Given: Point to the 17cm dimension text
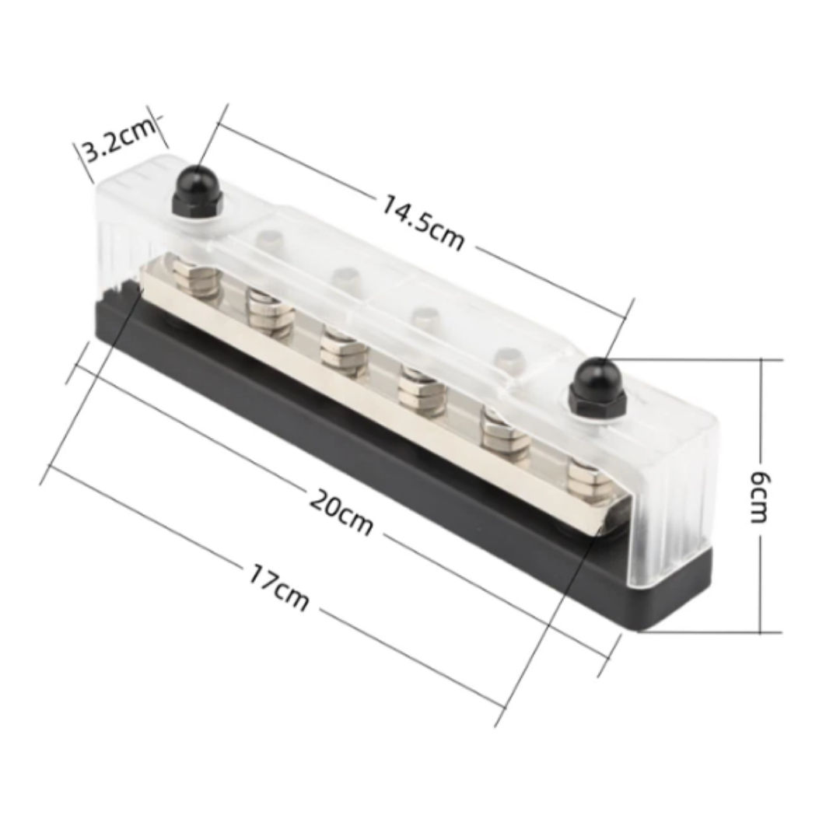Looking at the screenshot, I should click(x=278, y=587).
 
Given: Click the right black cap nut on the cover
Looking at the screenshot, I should click(x=597, y=387).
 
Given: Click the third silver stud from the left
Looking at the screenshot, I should click(x=344, y=351).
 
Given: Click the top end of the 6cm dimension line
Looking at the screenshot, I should click(x=761, y=361).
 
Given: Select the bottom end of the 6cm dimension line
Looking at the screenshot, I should click(x=761, y=632).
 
